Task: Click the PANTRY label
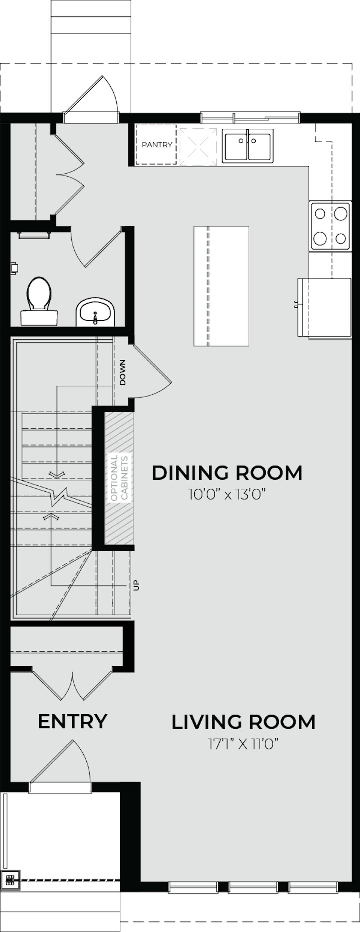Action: (x=156, y=145)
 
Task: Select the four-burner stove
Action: (x=330, y=226)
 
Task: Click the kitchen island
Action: (x=221, y=286)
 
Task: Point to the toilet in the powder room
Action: (x=39, y=300)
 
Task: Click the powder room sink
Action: (x=95, y=312)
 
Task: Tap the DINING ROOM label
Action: (x=227, y=473)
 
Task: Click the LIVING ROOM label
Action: (x=243, y=722)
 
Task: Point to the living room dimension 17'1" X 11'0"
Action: (x=243, y=744)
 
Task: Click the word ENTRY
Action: (x=73, y=721)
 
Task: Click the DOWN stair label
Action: (x=123, y=372)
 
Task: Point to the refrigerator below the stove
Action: (x=325, y=307)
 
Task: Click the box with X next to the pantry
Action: (x=198, y=147)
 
